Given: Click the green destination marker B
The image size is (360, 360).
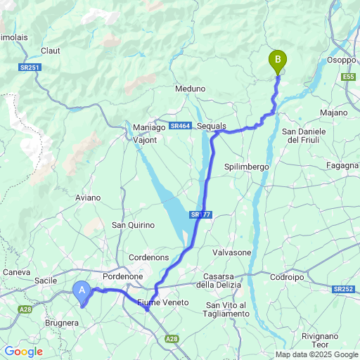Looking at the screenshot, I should (278, 61).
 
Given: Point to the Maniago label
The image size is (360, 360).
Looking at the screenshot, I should (148, 127).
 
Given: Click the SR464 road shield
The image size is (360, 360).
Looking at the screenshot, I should (181, 126).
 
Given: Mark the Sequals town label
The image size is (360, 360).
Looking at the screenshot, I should (212, 125).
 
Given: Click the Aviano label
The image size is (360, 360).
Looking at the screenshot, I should (88, 198).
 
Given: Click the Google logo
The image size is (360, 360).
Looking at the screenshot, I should (22, 351).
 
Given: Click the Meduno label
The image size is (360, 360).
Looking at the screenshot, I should (190, 89).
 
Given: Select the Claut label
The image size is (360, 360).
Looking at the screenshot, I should (51, 51).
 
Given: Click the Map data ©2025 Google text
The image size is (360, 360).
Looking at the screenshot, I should (316, 354).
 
